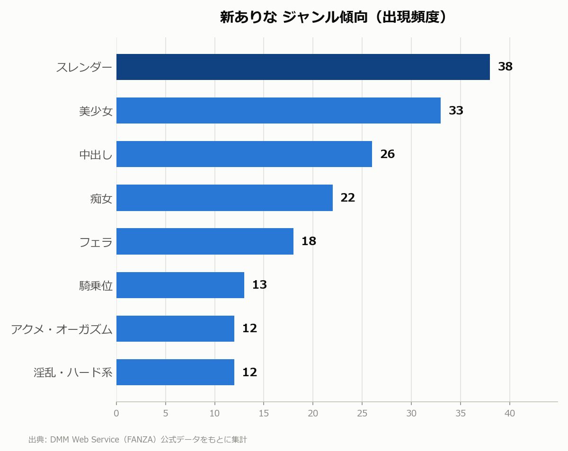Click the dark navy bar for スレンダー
click(x=303, y=67)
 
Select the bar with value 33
click(x=278, y=111)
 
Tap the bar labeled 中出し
click(x=244, y=154)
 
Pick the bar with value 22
click(x=225, y=198)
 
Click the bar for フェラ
click(x=205, y=241)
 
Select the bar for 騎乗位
click(x=180, y=285)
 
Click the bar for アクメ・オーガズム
click(x=175, y=328)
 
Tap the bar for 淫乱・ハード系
click(x=175, y=372)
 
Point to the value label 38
click(x=505, y=67)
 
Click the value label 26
click(x=388, y=154)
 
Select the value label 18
click(x=309, y=241)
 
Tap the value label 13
click(x=260, y=285)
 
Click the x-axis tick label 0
click(x=116, y=413)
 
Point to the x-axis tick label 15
click(x=264, y=413)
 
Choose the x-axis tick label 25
click(x=362, y=413)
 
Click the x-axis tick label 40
click(x=510, y=413)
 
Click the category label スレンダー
click(x=84, y=67)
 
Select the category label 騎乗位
click(x=96, y=285)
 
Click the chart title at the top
click(x=333, y=17)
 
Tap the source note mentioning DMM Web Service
click(x=138, y=439)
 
